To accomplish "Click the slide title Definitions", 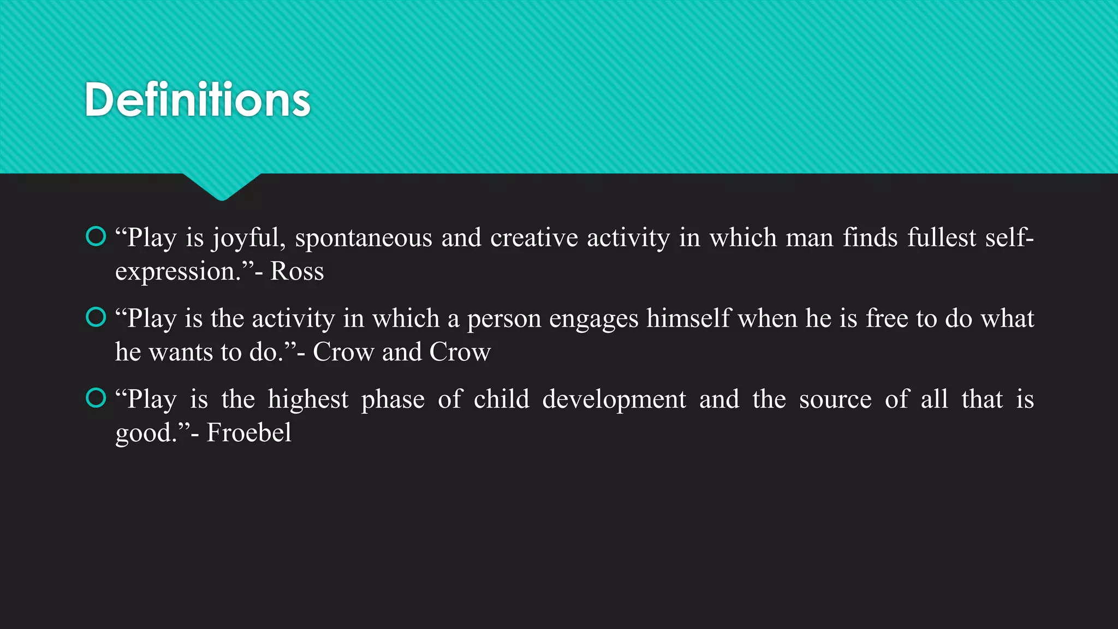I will (x=198, y=100).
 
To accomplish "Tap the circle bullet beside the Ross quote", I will (x=96, y=236).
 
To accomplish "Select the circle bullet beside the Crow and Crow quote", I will (x=96, y=317).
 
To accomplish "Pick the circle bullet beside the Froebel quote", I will (x=96, y=398).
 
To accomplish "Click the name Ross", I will (x=297, y=271).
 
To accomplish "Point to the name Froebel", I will (x=249, y=433).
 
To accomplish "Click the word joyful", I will (x=249, y=239).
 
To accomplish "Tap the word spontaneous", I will (x=364, y=239).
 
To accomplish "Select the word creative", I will (x=534, y=238).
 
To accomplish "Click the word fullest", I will (x=942, y=238).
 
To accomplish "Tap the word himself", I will (x=688, y=318).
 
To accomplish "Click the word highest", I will (x=308, y=400).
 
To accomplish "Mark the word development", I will (x=614, y=400).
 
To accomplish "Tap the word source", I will (x=835, y=400).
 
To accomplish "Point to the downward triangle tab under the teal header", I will (x=222, y=186).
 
